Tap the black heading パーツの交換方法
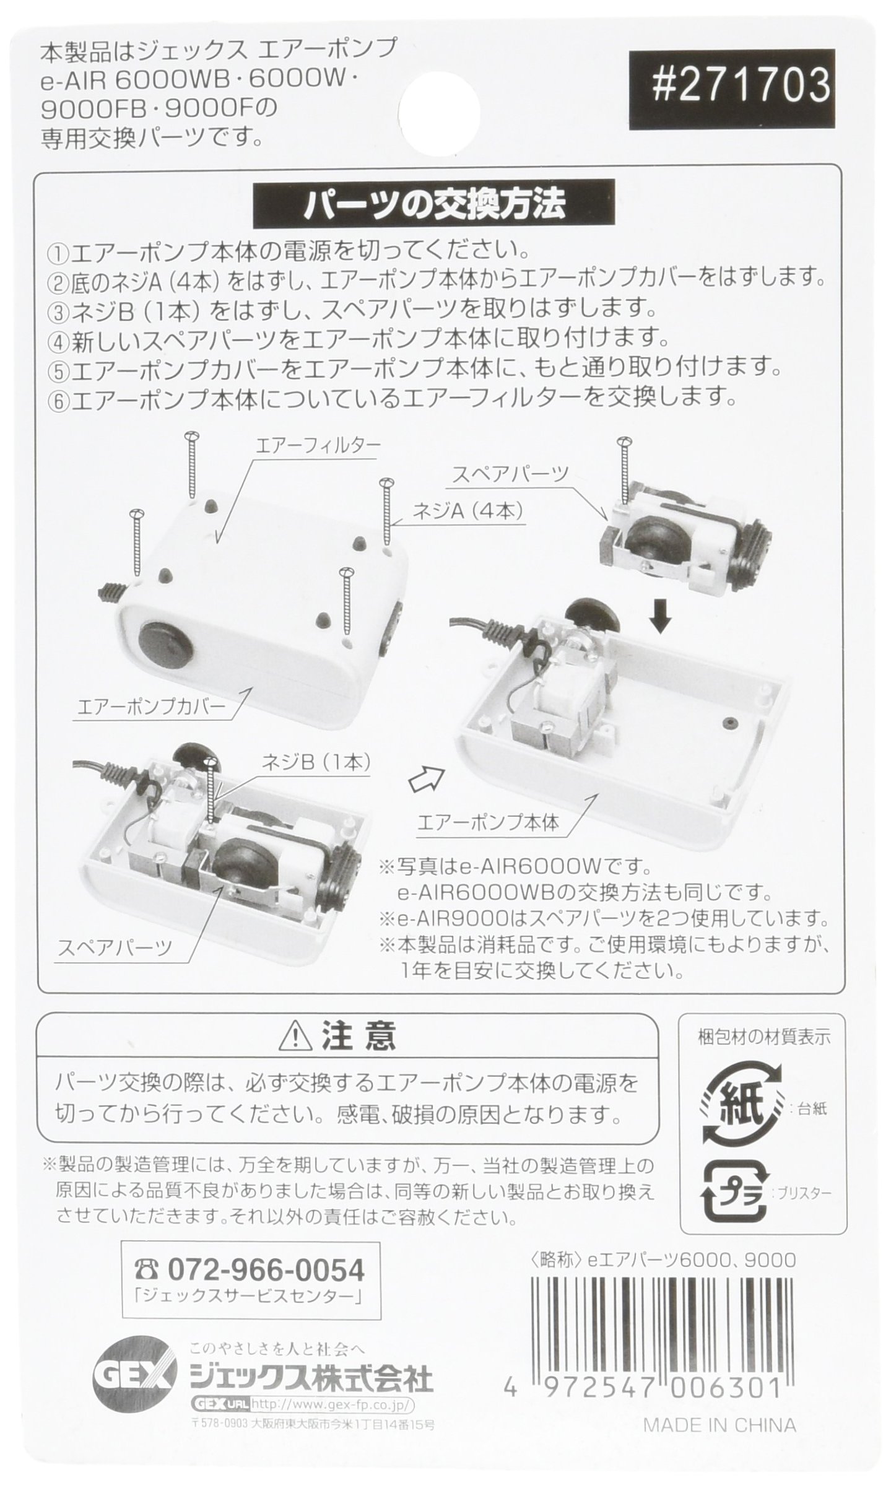point(433,204)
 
